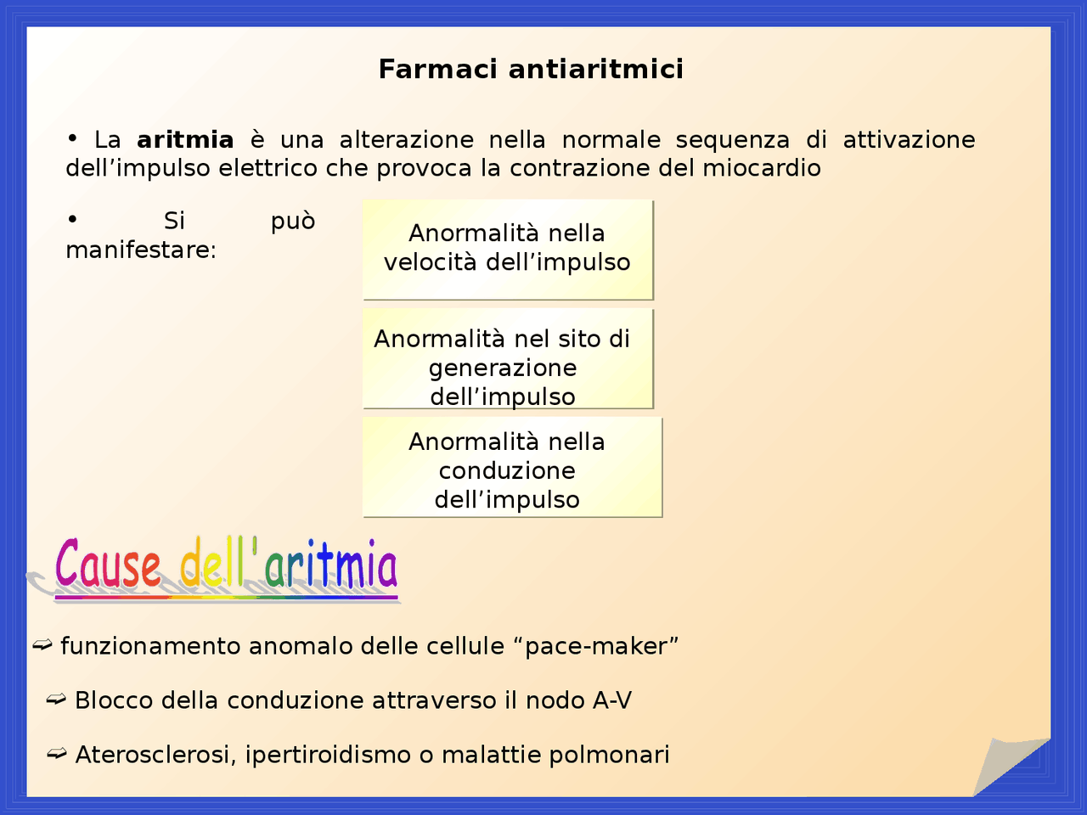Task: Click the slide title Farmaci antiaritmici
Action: (x=531, y=69)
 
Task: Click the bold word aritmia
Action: (x=185, y=139)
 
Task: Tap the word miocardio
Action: (x=761, y=168)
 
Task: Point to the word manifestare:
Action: (x=141, y=250)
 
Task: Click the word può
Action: (x=293, y=221)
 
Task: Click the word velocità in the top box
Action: (x=430, y=262)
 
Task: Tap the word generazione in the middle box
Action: (x=503, y=368)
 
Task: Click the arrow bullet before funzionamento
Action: (x=42, y=646)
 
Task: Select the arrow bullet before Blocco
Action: (x=56, y=700)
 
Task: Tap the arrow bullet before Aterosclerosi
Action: (x=57, y=754)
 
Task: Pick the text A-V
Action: (x=612, y=700)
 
